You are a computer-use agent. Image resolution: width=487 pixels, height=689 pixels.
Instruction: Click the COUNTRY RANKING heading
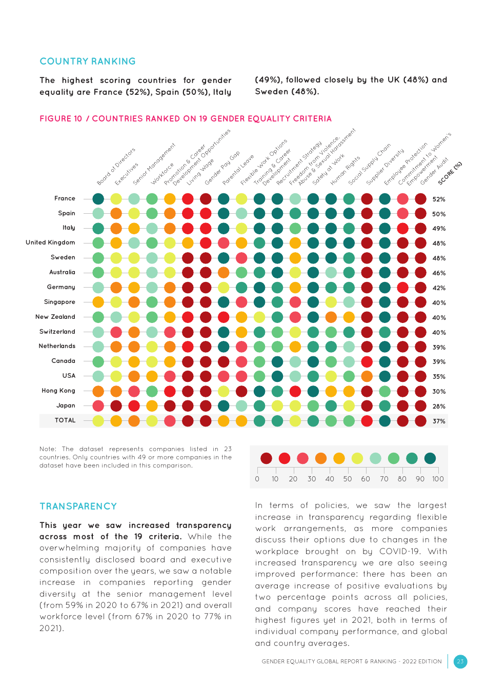(88, 62)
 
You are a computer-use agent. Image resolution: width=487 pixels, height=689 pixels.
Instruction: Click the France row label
(65, 198)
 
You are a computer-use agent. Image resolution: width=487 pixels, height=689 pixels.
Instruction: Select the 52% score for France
(439, 199)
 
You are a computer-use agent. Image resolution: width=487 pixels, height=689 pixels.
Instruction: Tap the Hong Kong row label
(58, 391)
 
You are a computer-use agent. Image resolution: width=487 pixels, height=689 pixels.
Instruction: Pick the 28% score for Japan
(439, 407)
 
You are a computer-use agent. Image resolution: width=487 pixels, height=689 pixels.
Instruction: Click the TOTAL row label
(65, 420)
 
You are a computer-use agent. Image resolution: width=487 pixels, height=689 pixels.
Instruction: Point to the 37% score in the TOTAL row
(439, 421)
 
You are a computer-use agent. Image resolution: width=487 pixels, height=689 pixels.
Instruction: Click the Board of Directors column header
(116, 167)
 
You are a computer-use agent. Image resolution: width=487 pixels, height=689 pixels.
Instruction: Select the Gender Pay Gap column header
(222, 169)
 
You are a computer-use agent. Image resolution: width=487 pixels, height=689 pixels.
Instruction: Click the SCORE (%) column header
(450, 173)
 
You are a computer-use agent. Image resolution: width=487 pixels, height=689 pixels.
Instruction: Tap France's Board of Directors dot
(98, 199)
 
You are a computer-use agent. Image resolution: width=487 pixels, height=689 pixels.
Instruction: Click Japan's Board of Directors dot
(98, 406)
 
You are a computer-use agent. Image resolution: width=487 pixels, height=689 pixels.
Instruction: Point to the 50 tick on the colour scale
(348, 479)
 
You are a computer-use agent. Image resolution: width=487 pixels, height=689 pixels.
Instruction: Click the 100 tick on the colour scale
(438, 479)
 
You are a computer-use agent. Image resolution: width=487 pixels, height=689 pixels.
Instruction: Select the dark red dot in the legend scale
(266, 458)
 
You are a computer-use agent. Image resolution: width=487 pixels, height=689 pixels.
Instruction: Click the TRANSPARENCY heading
(78, 506)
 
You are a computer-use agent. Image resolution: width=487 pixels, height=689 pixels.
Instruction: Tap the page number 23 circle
(460, 661)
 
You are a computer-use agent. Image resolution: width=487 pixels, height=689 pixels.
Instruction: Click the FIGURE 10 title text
(186, 119)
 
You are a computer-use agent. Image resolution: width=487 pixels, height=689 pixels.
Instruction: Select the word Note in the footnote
(48, 449)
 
